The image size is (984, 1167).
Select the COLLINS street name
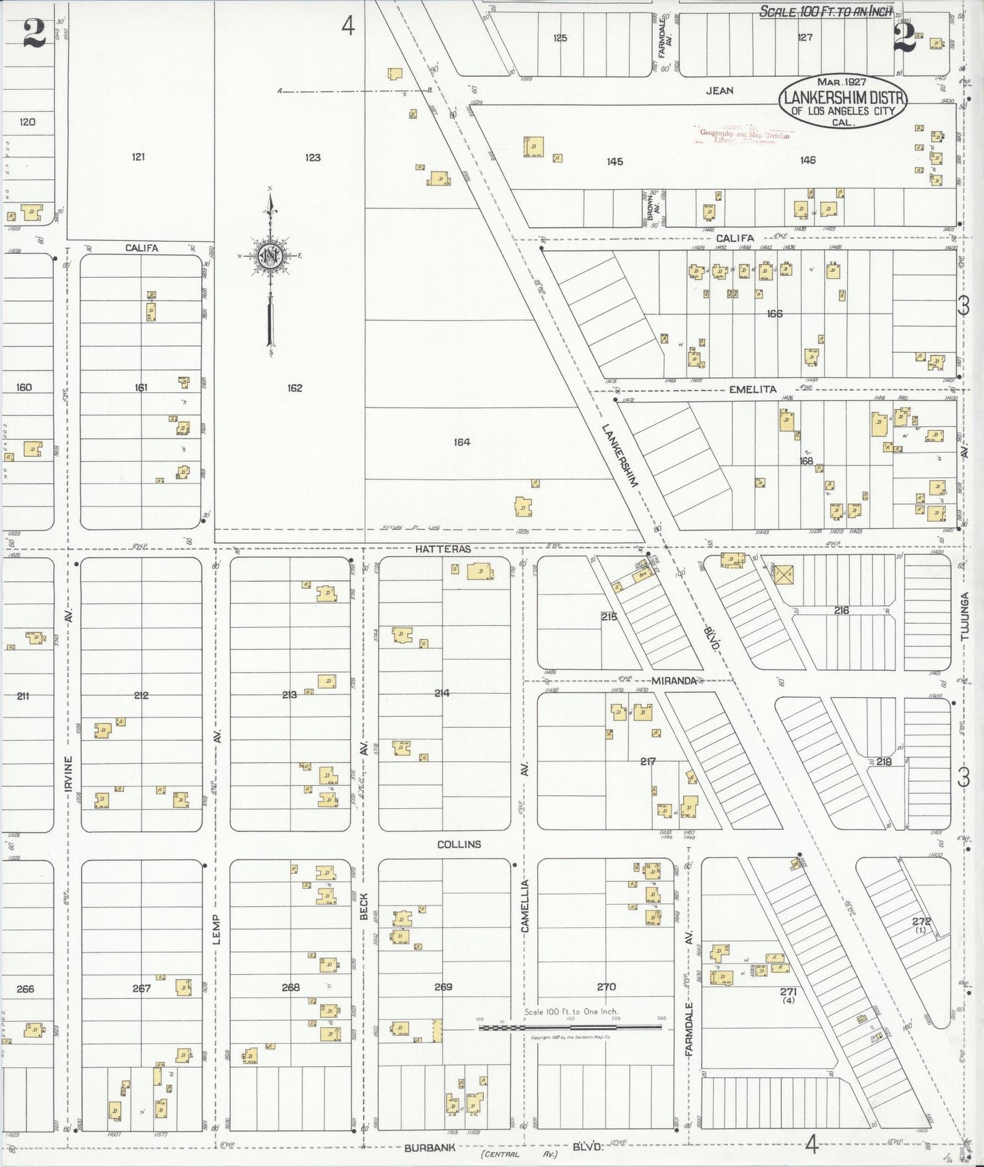459,844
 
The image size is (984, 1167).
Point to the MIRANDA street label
673,681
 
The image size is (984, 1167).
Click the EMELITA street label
752,389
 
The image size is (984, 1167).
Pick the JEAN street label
719,90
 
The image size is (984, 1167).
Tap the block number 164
462,443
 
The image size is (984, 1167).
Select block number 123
313,157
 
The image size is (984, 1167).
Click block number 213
289,695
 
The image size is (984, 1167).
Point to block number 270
606,987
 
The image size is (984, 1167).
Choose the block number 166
774,314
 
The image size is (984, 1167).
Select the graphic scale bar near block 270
570,1027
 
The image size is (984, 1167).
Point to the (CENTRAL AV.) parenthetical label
519,1154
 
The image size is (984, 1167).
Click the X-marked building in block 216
784,573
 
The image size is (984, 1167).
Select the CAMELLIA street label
525,906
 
